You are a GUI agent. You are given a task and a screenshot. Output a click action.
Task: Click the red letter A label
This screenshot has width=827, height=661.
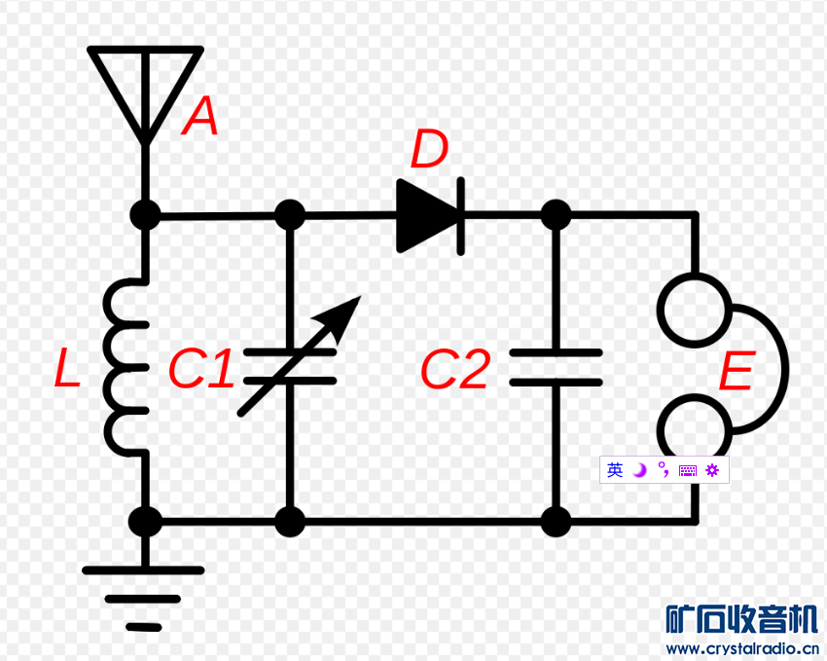[200, 119]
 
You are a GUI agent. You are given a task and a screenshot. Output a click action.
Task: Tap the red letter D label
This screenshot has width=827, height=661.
[429, 151]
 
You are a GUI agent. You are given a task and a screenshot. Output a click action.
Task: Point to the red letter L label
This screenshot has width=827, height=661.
[67, 370]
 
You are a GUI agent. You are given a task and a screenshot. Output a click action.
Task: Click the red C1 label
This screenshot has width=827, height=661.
[200, 370]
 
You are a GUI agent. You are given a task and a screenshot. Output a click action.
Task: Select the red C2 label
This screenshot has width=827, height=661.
[453, 370]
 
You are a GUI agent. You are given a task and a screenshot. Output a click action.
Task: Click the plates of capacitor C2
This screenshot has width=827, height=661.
[556, 367]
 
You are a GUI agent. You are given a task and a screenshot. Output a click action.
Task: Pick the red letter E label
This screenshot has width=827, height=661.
[736, 374]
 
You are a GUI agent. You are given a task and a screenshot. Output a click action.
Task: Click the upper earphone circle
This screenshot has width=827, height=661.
[694, 309]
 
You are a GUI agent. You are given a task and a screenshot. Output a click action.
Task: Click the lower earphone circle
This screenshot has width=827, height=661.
[694, 430]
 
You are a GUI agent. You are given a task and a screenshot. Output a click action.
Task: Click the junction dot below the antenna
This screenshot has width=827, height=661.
[145, 214]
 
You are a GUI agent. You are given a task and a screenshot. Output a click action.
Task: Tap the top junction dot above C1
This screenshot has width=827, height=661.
[290, 214]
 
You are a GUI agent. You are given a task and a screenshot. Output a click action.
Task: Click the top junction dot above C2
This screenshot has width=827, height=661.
[556, 214]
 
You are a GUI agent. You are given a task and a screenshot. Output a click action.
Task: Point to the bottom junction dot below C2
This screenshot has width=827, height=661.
[556, 522]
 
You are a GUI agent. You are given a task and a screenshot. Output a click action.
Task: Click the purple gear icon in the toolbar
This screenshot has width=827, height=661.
[712, 471]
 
